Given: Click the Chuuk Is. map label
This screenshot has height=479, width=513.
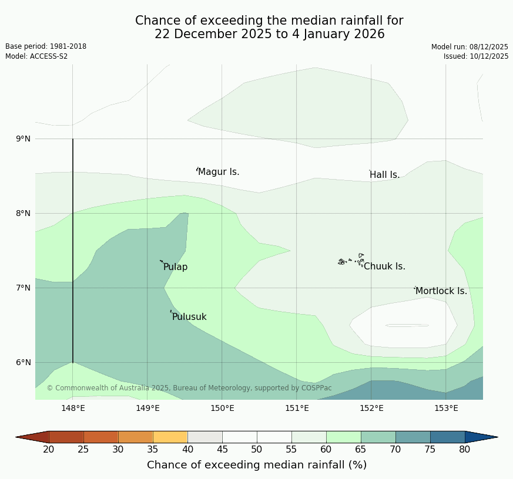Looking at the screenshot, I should [x=384, y=267].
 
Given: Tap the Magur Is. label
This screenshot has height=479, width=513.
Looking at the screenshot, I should [x=219, y=172].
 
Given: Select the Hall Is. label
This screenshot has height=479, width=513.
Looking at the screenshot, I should [x=384, y=175].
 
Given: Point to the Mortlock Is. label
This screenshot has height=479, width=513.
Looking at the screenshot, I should [x=441, y=291].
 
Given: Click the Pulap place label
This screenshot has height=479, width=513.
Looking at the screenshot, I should [x=175, y=267].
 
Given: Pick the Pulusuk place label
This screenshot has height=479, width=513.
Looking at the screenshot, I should [x=189, y=317].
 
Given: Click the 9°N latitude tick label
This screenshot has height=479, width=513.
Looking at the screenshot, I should [x=24, y=139].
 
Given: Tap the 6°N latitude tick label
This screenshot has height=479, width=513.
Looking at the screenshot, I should [x=24, y=362].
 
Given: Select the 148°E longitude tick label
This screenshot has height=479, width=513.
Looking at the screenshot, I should [x=73, y=408].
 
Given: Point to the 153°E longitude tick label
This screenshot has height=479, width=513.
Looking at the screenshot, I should [x=446, y=408].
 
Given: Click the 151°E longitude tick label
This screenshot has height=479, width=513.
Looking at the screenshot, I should [x=297, y=408].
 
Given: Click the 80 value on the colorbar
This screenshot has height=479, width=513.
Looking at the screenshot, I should [x=464, y=450].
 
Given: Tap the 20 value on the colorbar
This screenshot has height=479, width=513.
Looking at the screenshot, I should [x=49, y=450].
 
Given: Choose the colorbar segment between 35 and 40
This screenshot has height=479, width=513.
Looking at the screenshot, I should [x=170, y=437].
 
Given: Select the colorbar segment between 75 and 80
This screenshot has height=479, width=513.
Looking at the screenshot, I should [x=447, y=437].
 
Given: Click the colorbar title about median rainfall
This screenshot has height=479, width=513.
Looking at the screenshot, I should [x=257, y=465].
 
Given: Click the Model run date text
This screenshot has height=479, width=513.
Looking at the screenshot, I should [x=470, y=47].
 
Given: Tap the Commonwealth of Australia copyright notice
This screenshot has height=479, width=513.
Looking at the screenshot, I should [x=189, y=388].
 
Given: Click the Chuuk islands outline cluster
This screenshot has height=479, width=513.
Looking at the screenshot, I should [x=351, y=260].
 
